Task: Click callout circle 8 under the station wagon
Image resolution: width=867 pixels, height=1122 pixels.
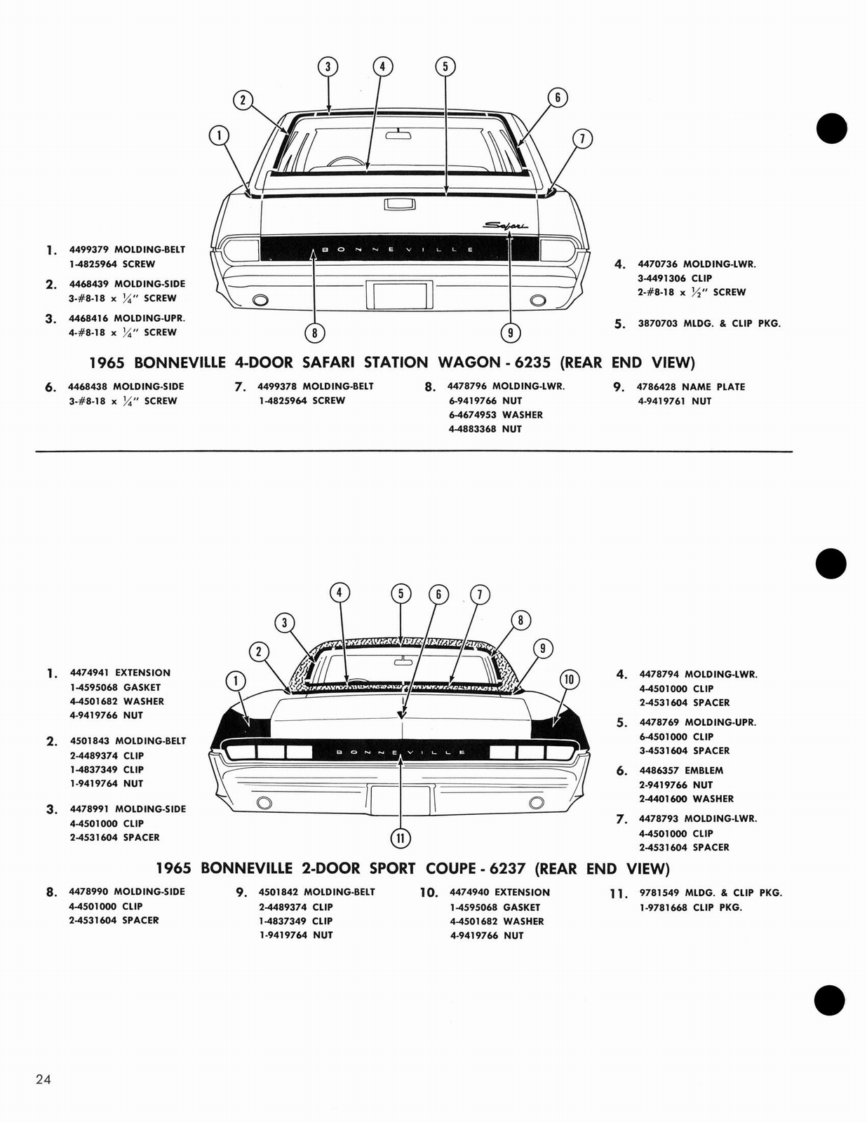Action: (315, 333)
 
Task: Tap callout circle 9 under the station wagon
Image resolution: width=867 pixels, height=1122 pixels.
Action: (510, 333)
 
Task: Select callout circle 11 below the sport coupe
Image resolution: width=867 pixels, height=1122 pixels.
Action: (400, 837)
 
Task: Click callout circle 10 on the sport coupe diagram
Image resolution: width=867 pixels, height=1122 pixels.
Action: (569, 679)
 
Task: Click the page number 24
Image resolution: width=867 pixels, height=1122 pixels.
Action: (43, 1079)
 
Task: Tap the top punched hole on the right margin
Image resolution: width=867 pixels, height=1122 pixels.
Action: (832, 128)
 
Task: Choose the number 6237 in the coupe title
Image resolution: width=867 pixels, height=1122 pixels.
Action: (507, 868)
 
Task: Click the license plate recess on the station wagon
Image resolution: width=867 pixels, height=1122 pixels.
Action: (400, 295)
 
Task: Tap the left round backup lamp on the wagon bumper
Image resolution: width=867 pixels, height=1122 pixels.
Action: (260, 301)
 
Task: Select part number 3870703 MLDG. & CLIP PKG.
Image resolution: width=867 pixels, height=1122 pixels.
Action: (657, 323)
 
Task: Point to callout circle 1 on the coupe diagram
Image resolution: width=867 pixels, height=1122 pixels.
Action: (236, 680)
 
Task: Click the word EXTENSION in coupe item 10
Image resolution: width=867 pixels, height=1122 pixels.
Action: (522, 892)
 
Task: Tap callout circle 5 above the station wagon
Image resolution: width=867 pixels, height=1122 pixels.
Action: (445, 67)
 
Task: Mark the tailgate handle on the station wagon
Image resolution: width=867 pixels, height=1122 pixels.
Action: (400, 204)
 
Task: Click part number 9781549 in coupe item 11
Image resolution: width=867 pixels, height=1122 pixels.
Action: (659, 893)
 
